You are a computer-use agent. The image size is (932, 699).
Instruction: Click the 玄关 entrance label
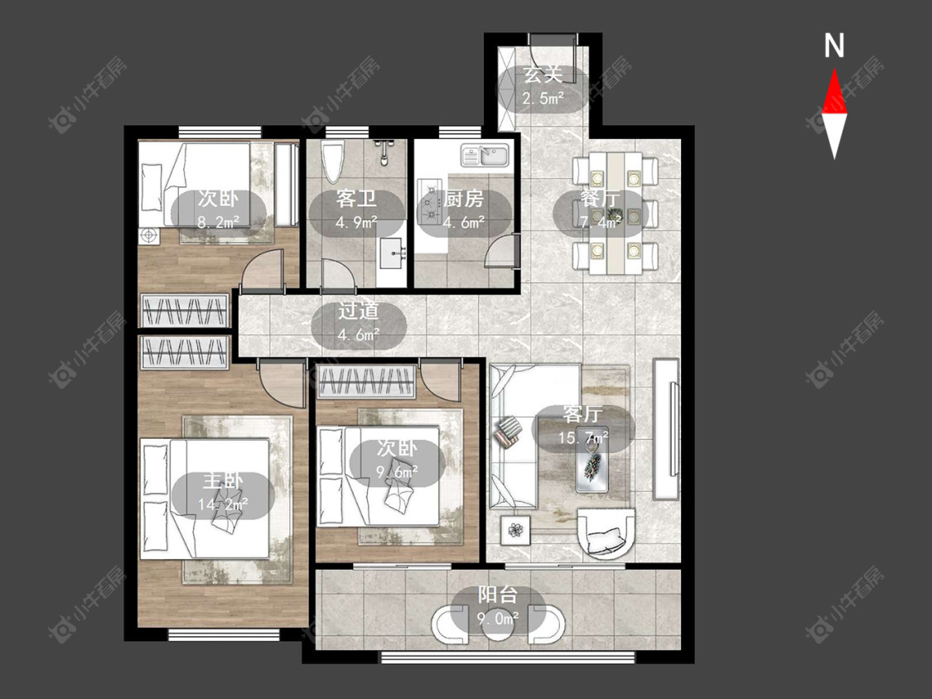(x=543, y=75)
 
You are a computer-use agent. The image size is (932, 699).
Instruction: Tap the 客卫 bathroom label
(x=356, y=199)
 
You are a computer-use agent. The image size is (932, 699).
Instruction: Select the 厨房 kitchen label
(x=464, y=199)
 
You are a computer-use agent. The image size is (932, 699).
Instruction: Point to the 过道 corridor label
(x=359, y=311)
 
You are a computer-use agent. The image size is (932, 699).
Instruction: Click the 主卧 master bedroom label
(x=223, y=480)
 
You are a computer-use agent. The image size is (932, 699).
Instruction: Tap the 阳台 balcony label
(x=498, y=595)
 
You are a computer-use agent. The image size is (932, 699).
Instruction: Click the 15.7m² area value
(x=583, y=438)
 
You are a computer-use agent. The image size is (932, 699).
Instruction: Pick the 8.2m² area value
(x=218, y=222)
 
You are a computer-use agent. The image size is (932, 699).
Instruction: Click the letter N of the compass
(x=834, y=46)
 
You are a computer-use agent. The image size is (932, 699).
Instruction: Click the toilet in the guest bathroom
(x=333, y=161)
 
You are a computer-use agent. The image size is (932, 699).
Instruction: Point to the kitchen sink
(x=485, y=156)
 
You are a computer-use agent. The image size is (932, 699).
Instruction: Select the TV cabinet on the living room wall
(x=666, y=428)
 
